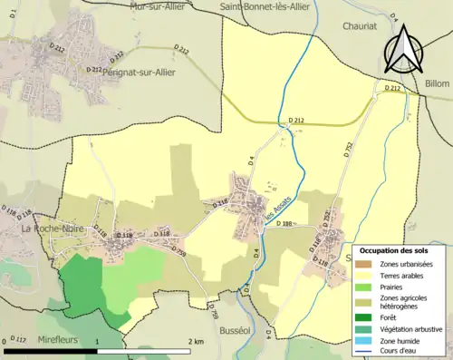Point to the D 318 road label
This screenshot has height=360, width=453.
(220, 204)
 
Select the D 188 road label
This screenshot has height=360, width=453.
(288, 224)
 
